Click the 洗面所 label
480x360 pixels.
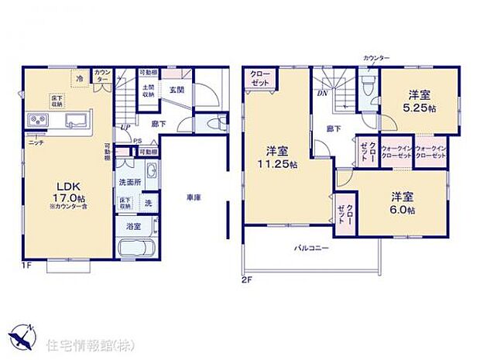click(x=129, y=182)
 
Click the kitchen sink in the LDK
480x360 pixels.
click(x=77, y=121)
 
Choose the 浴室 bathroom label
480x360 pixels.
click(x=133, y=227)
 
